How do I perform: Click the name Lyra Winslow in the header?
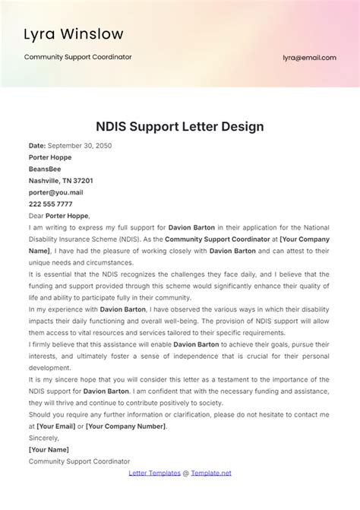(74, 34)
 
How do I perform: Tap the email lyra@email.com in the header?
(309, 57)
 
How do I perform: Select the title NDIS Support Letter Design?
(180, 126)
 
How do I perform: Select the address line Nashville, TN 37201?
(61, 181)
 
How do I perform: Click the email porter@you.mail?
(55, 192)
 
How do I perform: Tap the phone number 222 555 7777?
(50, 204)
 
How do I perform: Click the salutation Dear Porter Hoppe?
(58, 215)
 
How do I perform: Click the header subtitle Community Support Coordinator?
(78, 57)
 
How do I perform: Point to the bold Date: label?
(37, 145)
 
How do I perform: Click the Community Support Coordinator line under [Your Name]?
(79, 461)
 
